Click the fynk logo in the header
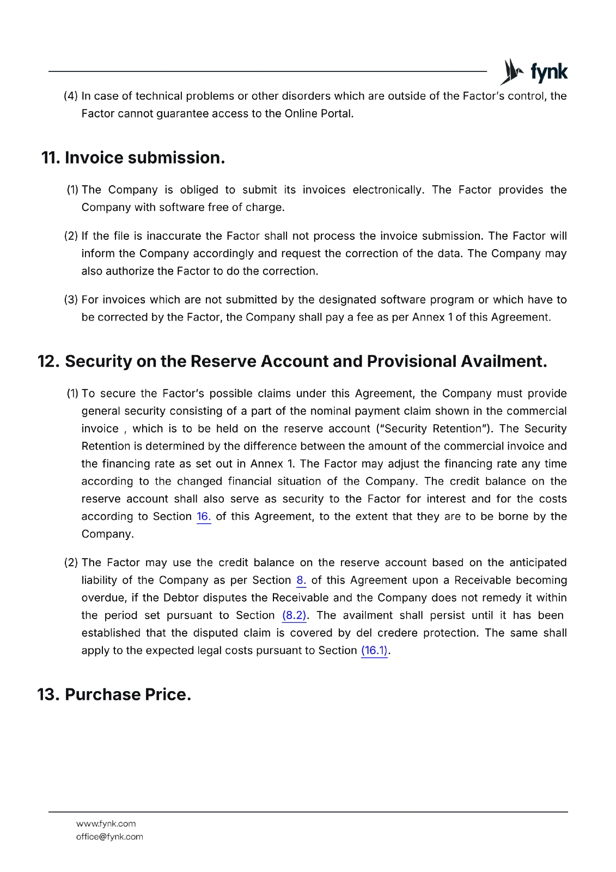(x=533, y=72)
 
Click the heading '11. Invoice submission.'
(x=133, y=158)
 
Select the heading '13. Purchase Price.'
(x=114, y=694)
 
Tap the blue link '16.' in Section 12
(x=203, y=517)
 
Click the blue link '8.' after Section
(x=301, y=580)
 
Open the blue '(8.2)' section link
(x=294, y=615)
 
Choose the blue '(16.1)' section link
(x=374, y=650)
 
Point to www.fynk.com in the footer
(x=106, y=823)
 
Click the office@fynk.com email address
(x=109, y=837)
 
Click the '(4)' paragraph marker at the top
(x=71, y=96)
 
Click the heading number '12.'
(x=48, y=361)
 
